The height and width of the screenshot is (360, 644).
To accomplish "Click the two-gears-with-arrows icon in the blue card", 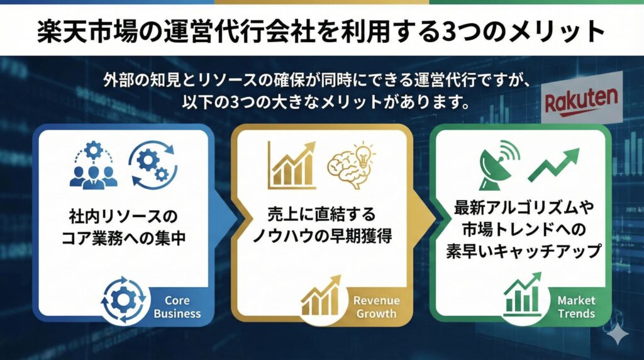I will [x=148, y=162].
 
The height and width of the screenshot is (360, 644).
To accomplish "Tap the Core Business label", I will [x=177, y=307].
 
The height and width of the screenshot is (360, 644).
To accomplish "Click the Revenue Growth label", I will [x=375, y=307].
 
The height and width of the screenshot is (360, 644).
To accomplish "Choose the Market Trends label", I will [x=575, y=307].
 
